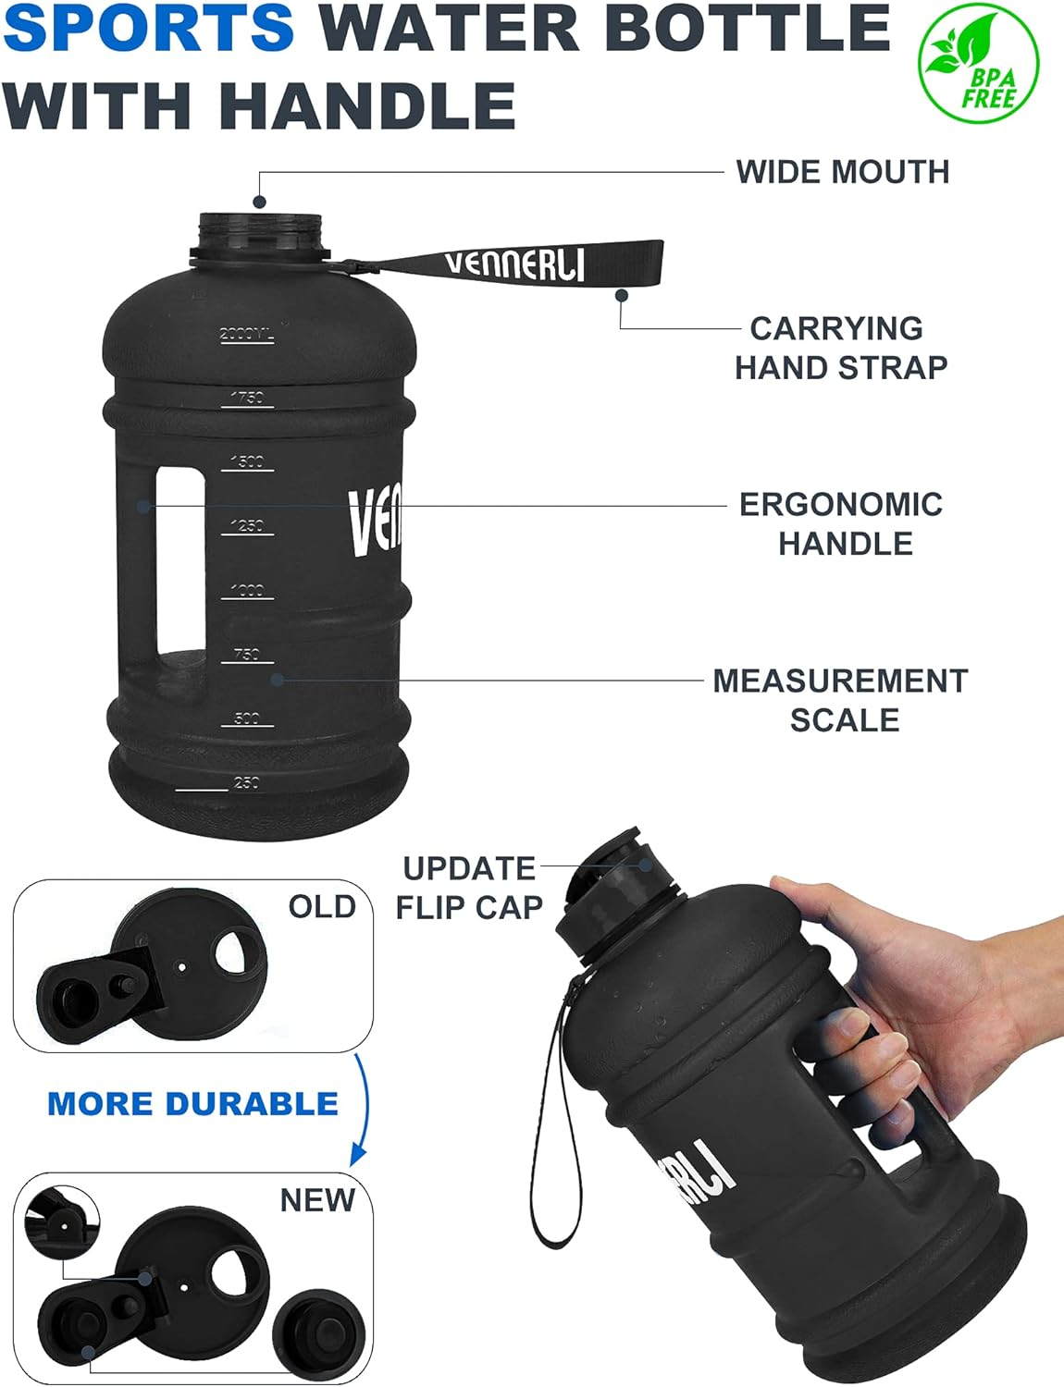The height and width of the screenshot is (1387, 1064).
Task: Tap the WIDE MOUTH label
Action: coord(842,172)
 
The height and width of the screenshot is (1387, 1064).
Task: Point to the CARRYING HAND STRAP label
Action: coord(840,348)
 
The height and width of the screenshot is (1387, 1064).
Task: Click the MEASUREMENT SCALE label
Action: coord(840,700)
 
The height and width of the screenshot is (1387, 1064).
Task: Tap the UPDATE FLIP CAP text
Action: coord(469,888)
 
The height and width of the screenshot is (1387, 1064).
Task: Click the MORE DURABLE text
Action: coord(192,1103)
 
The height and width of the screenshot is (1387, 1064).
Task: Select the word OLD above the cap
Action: coord(322,906)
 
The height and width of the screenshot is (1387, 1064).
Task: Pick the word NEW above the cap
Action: coord(317,1200)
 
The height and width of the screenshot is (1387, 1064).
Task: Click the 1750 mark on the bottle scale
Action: coord(246,398)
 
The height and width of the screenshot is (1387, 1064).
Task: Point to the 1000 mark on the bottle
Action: coord(247,590)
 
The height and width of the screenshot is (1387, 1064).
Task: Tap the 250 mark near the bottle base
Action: coord(246,782)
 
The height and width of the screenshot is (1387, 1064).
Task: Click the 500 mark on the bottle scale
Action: coord(246,718)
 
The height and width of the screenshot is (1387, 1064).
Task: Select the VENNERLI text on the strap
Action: coord(514,264)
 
